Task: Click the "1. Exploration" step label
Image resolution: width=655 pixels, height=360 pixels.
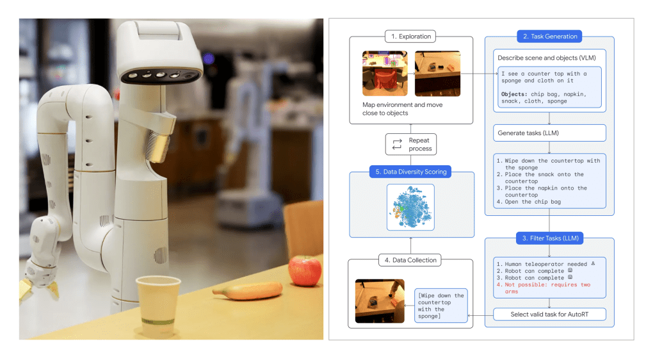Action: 411,37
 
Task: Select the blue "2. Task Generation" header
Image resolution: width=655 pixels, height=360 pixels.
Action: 549,37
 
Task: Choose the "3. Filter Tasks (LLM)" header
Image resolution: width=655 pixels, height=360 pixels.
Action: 549,239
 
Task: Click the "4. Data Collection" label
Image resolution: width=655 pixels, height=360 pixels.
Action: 411,260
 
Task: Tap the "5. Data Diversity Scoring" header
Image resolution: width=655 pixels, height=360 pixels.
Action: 411,172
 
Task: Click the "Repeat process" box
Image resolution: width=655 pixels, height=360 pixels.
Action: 411,144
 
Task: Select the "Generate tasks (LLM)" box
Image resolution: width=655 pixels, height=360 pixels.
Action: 549,133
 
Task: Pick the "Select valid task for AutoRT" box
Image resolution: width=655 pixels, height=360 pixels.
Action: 549,315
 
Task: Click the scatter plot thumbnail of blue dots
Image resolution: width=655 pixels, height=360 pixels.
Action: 410,208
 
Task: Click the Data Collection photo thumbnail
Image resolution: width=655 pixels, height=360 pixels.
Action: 380,301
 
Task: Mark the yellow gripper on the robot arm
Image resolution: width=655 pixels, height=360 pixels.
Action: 29,282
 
